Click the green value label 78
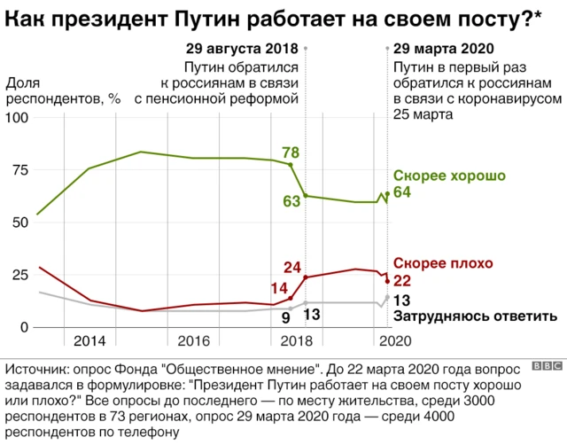pos(289,152)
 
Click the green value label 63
pos(291,201)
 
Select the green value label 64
pos(401,193)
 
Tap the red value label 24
pos(293,267)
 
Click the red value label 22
pos(401,280)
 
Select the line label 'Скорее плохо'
pos(443,263)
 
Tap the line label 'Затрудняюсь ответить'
pos(475,316)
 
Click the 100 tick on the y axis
pos(19,119)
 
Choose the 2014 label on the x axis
pos(89,341)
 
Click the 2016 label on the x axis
pos(193,341)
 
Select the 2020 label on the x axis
pos(393,341)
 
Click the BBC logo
pos(548,365)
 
